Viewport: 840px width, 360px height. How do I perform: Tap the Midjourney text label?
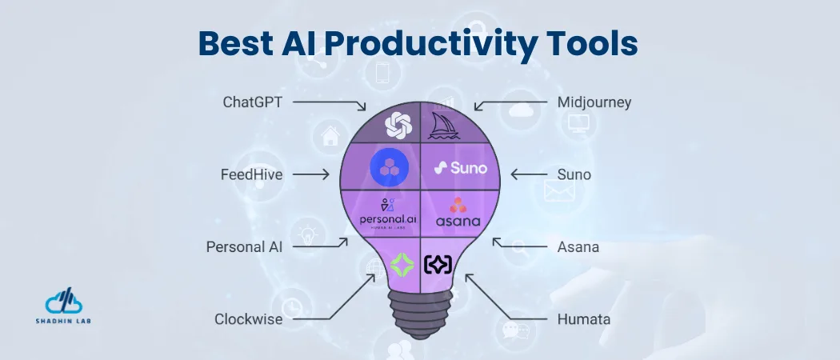[x=594, y=102]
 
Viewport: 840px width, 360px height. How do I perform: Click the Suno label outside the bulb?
[x=574, y=174]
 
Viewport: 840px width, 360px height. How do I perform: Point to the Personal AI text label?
[x=244, y=247]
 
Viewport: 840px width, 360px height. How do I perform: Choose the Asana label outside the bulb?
[x=578, y=247]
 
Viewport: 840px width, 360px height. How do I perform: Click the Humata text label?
[x=583, y=319]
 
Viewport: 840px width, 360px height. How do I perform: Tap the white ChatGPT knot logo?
[x=398, y=125]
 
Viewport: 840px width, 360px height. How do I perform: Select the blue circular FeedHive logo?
[x=390, y=167]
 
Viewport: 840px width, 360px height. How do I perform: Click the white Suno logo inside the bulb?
[x=460, y=168]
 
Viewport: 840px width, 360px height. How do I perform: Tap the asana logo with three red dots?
[x=460, y=213]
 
